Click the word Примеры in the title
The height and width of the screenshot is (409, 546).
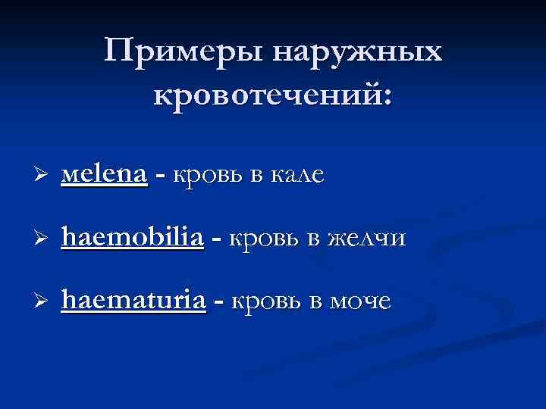184,54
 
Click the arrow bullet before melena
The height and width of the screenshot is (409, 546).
42,175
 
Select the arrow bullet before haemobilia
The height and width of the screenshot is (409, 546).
42,239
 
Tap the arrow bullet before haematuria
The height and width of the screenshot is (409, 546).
42,301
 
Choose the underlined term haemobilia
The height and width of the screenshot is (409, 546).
133,238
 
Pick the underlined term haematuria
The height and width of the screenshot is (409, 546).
134,301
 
